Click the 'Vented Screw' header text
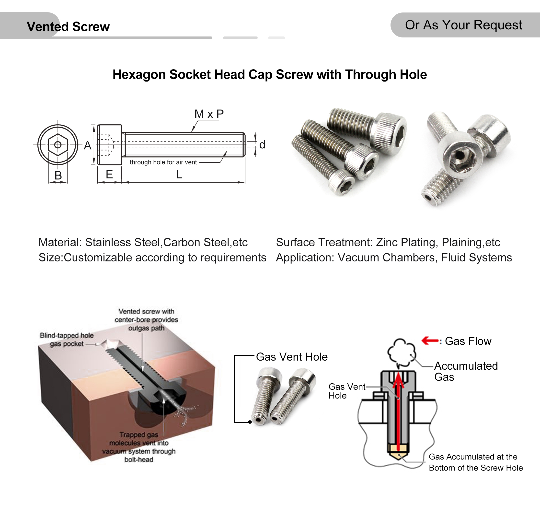[x=68, y=27]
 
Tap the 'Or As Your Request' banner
[x=463, y=25]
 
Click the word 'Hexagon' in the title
[x=139, y=74]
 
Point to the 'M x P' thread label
[x=209, y=114]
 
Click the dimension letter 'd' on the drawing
[x=262, y=145]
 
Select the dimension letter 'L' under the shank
[x=179, y=175]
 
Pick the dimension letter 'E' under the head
[x=109, y=174]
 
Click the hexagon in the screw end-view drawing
[x=57, y=145]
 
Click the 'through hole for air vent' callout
[x=163, y=162]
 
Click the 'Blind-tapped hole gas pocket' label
[x=67, y=340]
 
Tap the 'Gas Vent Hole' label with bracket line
[x=291, y=357]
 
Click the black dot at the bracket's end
[x=250, y=422]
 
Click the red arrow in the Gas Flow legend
[x=430, y=341]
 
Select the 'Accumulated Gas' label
[x=465, y=371]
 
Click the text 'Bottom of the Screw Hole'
[x=476, y=468]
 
